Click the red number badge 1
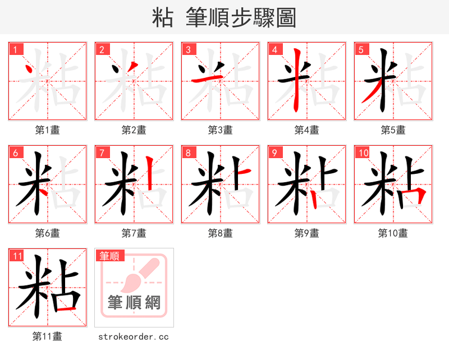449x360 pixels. (15, 49)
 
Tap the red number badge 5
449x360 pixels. (361, 49)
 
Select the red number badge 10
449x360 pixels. (363, 153)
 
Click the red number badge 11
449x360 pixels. (17, 256)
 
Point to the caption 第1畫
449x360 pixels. (48, 130)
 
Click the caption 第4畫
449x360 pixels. (307, 130)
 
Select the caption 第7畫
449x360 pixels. (134, 233)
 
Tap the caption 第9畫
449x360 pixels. (307, 233)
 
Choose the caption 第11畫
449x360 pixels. (48, 336)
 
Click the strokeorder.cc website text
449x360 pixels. (134, 336)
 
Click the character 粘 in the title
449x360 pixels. (163, 18)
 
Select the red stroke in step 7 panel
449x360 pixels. (149, 174)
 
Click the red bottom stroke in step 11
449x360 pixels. (65, 309)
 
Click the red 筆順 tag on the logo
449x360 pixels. (109, 256)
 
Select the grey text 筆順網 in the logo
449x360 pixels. (134, 303)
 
